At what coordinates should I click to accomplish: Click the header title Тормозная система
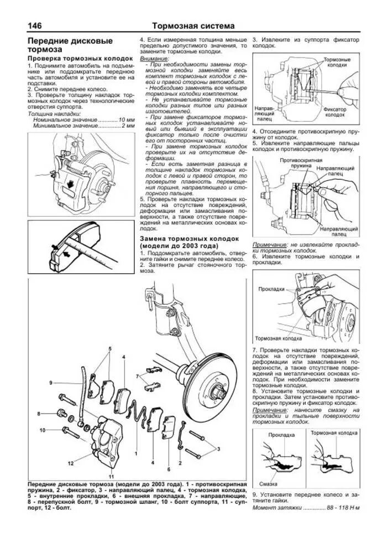tap(193, 26)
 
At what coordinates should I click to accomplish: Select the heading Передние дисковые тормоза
tap(70, 45)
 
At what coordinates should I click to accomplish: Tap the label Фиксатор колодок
tap(335, 112)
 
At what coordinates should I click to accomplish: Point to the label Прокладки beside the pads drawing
tap(271, 289)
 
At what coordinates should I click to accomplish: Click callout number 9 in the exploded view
tap(50, 383)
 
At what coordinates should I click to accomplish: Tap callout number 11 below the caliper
tap(111, 476)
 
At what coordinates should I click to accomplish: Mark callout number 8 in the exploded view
tap(39, 414)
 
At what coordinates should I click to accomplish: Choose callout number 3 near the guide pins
tap(218, 448)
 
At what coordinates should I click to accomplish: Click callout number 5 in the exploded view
tap(110, 348)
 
